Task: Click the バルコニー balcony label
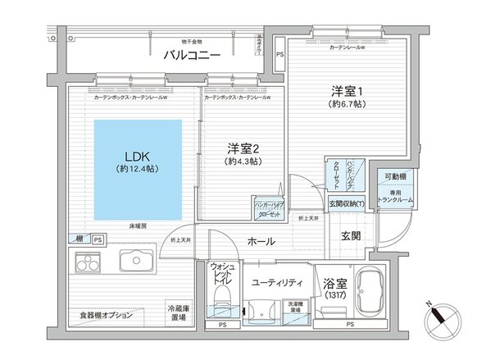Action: pos(190,57)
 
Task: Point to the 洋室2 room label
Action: pos(243,148)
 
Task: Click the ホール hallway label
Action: pos(260,241)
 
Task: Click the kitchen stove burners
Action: pos(86,263)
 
